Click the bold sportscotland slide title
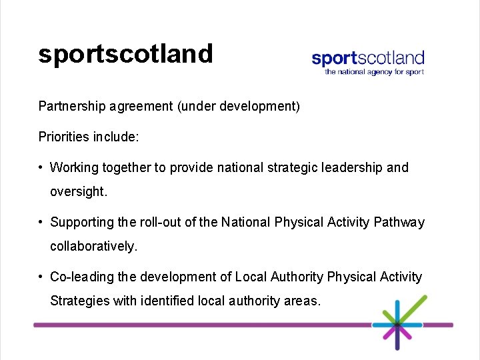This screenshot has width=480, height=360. coord(125,53)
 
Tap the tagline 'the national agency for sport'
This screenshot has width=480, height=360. coord(374,72)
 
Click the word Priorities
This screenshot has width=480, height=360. coord(63,137)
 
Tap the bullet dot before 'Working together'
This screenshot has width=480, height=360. coord(41,167)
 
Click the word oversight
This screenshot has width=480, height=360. coord(78,191)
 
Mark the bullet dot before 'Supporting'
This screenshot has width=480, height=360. coord(41,222)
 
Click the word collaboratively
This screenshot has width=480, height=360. coord(93,246)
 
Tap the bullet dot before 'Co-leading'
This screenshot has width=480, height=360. coord(41,277)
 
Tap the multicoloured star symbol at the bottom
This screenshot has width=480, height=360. coord(397,325)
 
